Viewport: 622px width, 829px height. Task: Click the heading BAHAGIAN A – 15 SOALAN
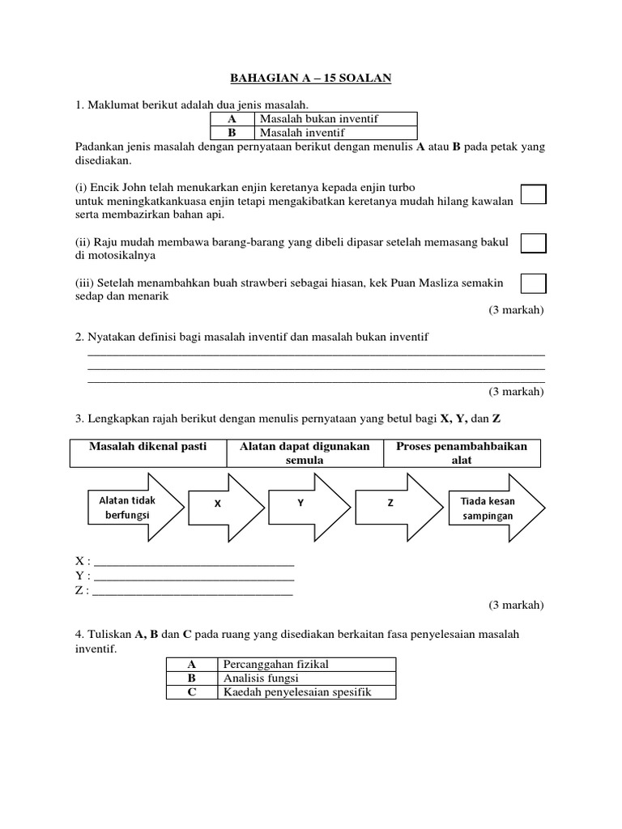pyautogui.click(x=312, y=77)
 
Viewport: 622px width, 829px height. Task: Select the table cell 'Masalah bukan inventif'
pyautogui.click(x=335, y=119)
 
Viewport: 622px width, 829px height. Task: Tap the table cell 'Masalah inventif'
pyautogui.click(x=335, y=133)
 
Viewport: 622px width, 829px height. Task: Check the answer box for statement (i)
pyautogui.click(x=533, y=194)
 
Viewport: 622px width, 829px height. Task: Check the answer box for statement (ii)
pyautogui.click(x=533, y=244)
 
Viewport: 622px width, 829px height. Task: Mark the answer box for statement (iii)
pyautogui.click(x=533, y=283)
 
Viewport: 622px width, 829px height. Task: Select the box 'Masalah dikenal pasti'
pyautogui.click(x=148, y=453)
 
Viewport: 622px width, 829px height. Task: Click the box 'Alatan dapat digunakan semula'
pyautogui.click(x=305, y=453)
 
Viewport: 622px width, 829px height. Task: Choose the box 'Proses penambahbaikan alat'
pyautogui.click(x=462, y=453)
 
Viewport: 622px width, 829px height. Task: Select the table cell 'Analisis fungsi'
pyautogui.click(x=306, y=678)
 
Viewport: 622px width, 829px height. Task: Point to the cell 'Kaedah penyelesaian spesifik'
pyautogui.click(x=306, y=692)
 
